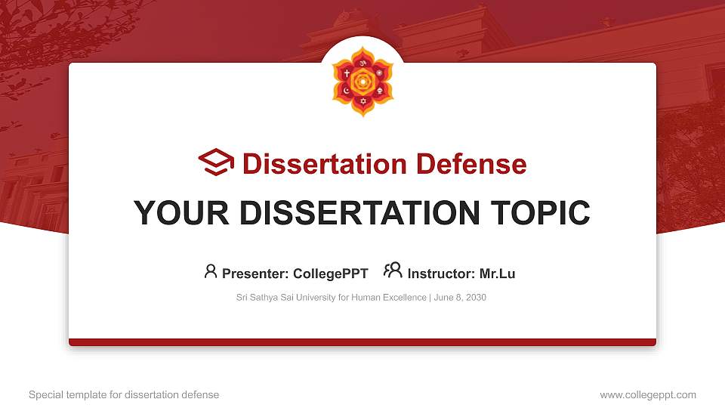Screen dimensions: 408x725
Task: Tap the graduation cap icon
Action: [x=216, y=162]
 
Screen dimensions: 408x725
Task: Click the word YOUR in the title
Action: [x=178, y=213]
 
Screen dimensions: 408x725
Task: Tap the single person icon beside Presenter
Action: [x=211, y=271]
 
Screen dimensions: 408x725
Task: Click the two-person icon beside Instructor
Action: [x=393, y=270]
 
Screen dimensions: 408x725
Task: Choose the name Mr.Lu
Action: [x=498, y=274]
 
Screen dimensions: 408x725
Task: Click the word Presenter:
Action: [x=255, y=274]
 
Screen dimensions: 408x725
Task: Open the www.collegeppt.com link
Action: [x=648, y=394]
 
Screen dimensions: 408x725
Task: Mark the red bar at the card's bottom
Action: [x=362, y=342]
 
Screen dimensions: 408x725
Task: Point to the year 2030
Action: [x=476, y=298]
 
